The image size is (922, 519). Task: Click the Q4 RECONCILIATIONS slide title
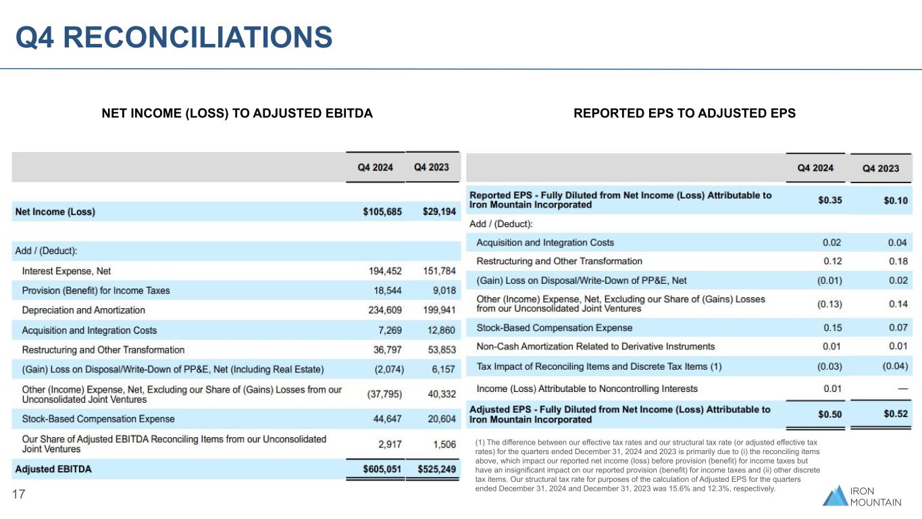click(x=174, y=37)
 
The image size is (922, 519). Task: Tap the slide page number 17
click(x=19, y=495)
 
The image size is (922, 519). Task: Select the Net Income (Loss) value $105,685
click(x=382, y=212)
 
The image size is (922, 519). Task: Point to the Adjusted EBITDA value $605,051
click(x=382, y=469)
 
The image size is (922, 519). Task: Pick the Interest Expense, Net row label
click(x=66, y=271)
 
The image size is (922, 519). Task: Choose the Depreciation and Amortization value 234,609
click(x=382, y=310)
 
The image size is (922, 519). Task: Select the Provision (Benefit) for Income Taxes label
click(x=96, y=291)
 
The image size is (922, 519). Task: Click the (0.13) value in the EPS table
click(x=829, y=304)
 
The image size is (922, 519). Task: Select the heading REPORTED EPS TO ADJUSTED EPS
click(x=684, y=114)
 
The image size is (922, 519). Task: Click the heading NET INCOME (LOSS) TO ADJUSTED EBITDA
click(x=237, y=114)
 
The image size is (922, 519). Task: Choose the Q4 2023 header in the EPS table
click(x=881, y=168)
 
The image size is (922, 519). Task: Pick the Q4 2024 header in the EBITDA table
click(x=375, y=168)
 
